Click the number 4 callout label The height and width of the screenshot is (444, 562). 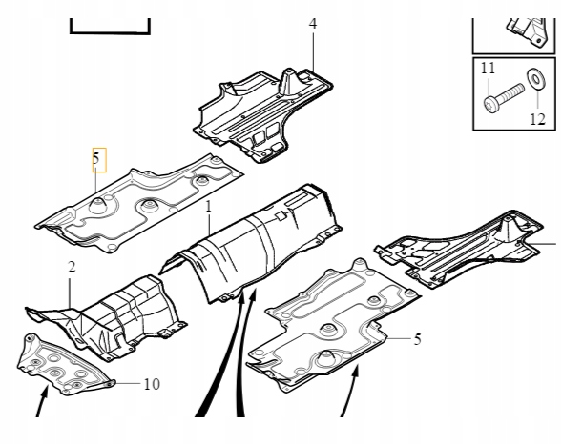point(312,23)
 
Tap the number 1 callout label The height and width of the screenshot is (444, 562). point(209,206)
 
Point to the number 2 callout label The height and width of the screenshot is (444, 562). point(70,268)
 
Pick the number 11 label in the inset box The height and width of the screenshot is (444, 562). point(488,69)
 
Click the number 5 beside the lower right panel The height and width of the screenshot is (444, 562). point(416,337)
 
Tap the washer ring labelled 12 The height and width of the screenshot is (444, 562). point(534,77)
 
